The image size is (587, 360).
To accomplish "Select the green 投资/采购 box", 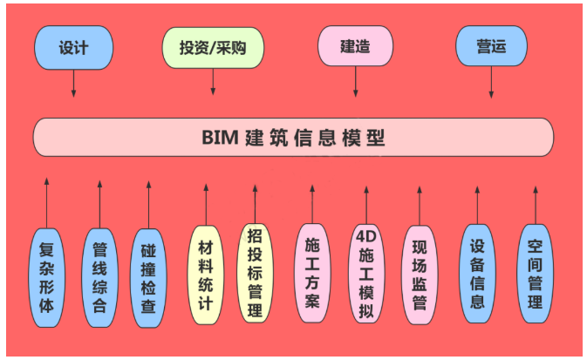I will click(213, 47).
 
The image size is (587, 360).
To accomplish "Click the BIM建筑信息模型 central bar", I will click(293, 138).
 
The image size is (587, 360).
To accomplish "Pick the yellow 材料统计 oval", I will click(206, 275).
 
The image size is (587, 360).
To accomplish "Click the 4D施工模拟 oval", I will click(365, 275).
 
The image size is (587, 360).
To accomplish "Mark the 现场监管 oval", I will click(420, 274).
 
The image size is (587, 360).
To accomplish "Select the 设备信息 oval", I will click(477, 274).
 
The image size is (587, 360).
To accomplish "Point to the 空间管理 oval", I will click(535, 274).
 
